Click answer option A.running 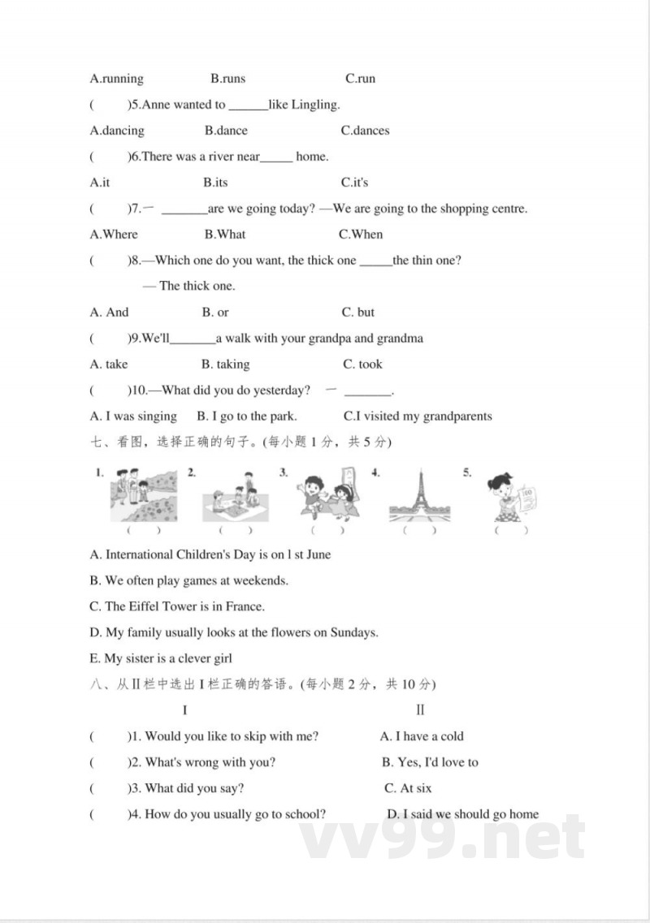coord(116,79)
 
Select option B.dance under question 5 coord(226,131)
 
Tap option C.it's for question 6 coord(354,183)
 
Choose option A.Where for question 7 coord(114,235)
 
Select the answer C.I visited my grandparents coord(418,416)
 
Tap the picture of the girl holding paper coord(509,497)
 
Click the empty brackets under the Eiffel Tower coord(418,530)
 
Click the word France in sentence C coord(246,606)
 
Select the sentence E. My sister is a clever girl coord(161,658)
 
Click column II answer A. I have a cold coord(422,736)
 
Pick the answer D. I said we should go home coord(462,814)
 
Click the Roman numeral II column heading coord(420,710)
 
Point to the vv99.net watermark coord(443,836)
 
